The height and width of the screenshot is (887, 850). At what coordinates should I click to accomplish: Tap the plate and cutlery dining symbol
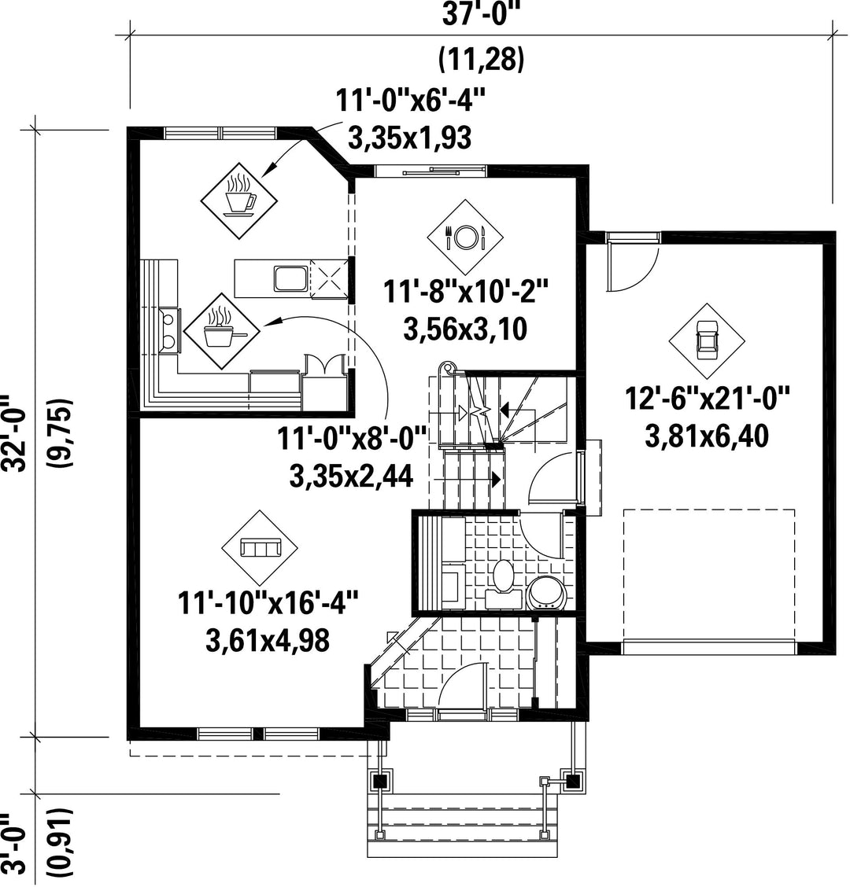(465, 237)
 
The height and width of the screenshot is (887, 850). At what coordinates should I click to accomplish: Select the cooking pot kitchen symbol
(221, 331)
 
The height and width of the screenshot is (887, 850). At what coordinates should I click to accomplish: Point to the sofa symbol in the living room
(260, 548)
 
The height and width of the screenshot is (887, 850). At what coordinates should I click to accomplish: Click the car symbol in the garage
(707, 341)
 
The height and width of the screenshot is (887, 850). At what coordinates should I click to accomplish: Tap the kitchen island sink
(291, 279)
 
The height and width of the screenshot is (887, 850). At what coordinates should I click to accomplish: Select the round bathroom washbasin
(546, 593)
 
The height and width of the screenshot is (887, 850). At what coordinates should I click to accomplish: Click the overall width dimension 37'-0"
(481, 15)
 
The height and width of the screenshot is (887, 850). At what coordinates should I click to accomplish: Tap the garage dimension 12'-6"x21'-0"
(708, 398)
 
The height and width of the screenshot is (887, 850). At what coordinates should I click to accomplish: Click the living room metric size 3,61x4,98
(268, 642)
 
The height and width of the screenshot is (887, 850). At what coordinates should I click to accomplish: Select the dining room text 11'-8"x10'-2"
(466, 292)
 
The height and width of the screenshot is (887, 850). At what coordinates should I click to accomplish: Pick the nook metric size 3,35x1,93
(409, 138)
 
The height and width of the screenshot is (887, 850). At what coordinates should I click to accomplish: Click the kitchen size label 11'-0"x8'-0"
(352, 439)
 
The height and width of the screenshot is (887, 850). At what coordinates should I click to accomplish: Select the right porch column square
(573, 781)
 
